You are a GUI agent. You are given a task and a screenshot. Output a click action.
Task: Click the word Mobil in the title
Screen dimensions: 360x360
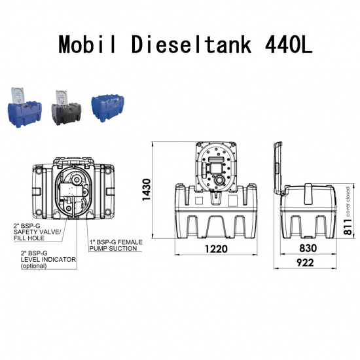(91, 45)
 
